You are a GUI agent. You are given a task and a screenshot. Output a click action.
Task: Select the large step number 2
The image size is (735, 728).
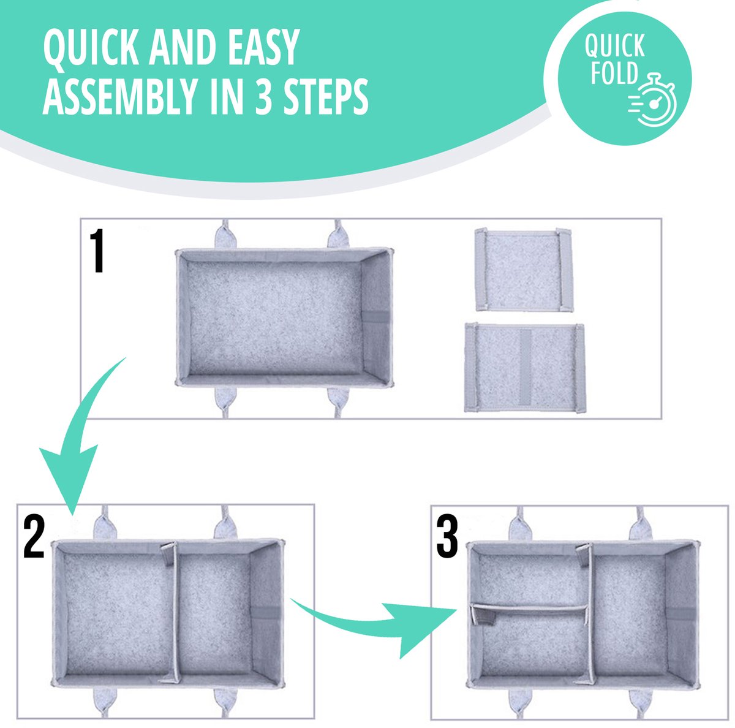click(x=34, y=536)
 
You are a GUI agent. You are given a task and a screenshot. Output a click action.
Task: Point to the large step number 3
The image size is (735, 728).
click(x=447, y=536)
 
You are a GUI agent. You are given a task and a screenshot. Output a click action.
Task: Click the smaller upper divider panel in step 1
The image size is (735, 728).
click(x=524, y=270)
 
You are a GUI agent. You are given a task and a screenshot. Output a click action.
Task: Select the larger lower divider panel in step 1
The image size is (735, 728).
click(x=524, y=368)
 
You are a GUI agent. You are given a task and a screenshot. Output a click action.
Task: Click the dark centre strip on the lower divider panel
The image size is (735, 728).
click(x=525, y=367)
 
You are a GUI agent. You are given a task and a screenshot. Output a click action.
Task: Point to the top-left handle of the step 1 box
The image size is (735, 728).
click(x=226, y=234)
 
